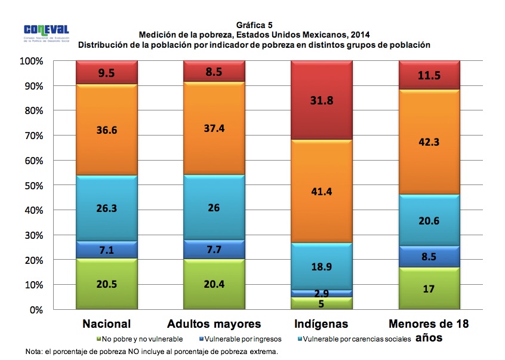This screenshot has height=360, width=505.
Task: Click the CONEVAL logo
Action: (47, 30)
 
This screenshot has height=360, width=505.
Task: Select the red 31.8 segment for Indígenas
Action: (322, 100)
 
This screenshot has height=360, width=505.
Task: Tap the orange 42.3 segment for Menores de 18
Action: (429, 142)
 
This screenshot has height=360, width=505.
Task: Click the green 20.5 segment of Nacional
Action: (107, 284)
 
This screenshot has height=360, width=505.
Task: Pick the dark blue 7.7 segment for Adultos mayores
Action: (214, 250)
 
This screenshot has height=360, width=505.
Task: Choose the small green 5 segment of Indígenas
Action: (322, 303)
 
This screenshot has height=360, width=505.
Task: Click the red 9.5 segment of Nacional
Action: (107, 73)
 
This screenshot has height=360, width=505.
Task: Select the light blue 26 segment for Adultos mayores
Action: (214, 208)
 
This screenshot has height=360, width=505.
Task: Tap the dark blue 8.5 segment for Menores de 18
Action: (429, 257)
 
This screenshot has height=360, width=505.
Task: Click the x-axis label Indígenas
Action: (322, 325)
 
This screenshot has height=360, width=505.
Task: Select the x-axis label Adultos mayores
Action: (214, 325)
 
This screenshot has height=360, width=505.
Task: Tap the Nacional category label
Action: (106, 325)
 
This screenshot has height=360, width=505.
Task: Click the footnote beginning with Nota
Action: (152, 352)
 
